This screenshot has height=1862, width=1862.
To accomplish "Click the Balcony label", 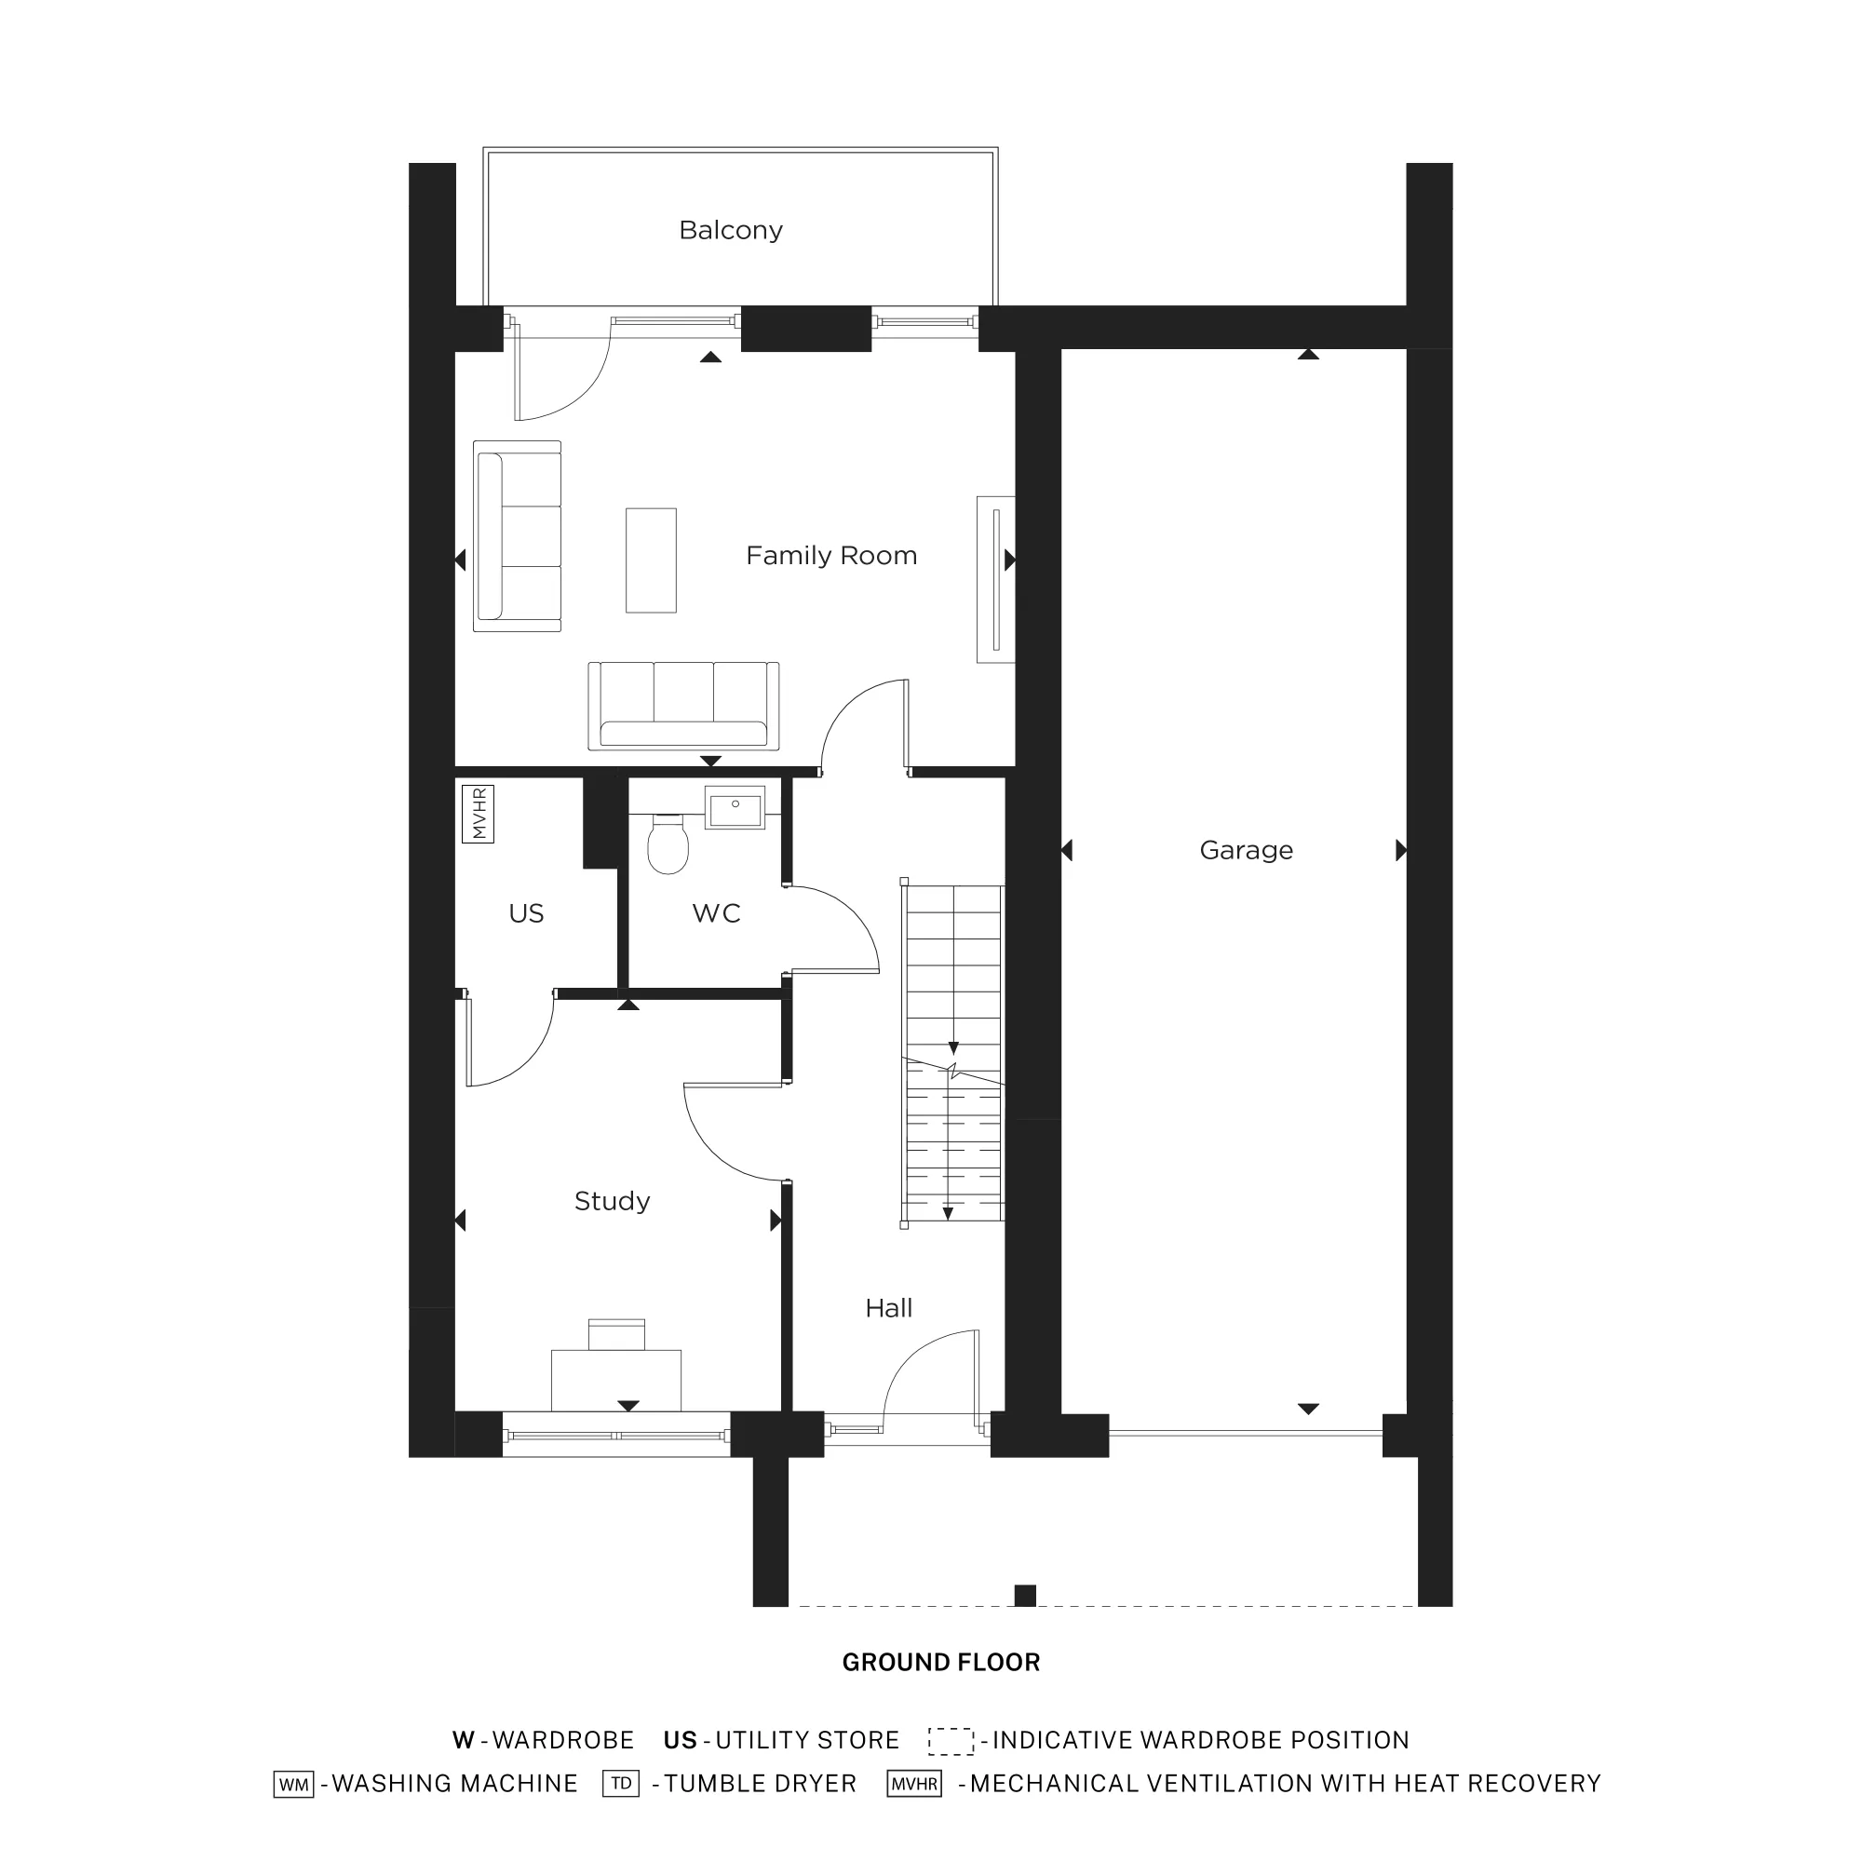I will tap(731, 230).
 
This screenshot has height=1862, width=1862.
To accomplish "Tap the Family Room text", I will tap(830, 556).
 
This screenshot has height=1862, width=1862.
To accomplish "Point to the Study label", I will tap(612, 1201).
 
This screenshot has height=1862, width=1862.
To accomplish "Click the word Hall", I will tap(888, 1308).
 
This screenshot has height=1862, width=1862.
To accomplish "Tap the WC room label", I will tap(716, 913).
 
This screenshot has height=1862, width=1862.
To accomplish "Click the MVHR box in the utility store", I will tap(479, 815).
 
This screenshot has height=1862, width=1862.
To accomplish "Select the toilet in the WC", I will tap(668, 844).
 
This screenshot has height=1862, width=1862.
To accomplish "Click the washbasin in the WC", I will tap(735, 806).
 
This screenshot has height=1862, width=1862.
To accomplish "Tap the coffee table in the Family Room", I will tap(652, 560).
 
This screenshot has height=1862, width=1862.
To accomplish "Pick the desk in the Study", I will tap(615, 1380).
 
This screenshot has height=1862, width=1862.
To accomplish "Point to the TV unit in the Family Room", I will tap(995, 580).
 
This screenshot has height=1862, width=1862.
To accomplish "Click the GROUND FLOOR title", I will tap(940, 1663).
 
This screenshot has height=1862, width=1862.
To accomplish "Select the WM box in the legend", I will tap(294, 1784).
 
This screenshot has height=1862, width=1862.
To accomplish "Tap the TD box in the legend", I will tap(621, 1783).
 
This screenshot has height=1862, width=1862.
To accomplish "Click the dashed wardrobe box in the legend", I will tap(951, 1741).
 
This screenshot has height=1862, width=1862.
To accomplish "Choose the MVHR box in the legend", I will tap(913, 1784).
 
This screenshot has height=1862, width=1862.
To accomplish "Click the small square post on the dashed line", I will tap(1025, 1596).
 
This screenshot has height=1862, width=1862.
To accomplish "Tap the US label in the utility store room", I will tap(526, 913).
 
